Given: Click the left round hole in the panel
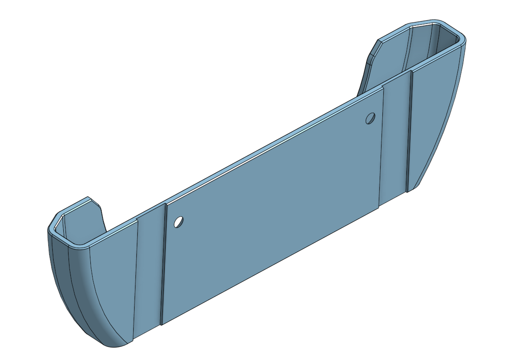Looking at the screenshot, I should tap(179, 222).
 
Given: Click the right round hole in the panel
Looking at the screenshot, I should tap(371, 118).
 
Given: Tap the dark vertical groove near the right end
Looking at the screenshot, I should tap(409, 131).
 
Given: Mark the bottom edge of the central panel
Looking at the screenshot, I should tap(271, 267).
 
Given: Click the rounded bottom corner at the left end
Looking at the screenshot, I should tap(111, 345).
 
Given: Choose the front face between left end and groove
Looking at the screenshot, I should tap(113, 289).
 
